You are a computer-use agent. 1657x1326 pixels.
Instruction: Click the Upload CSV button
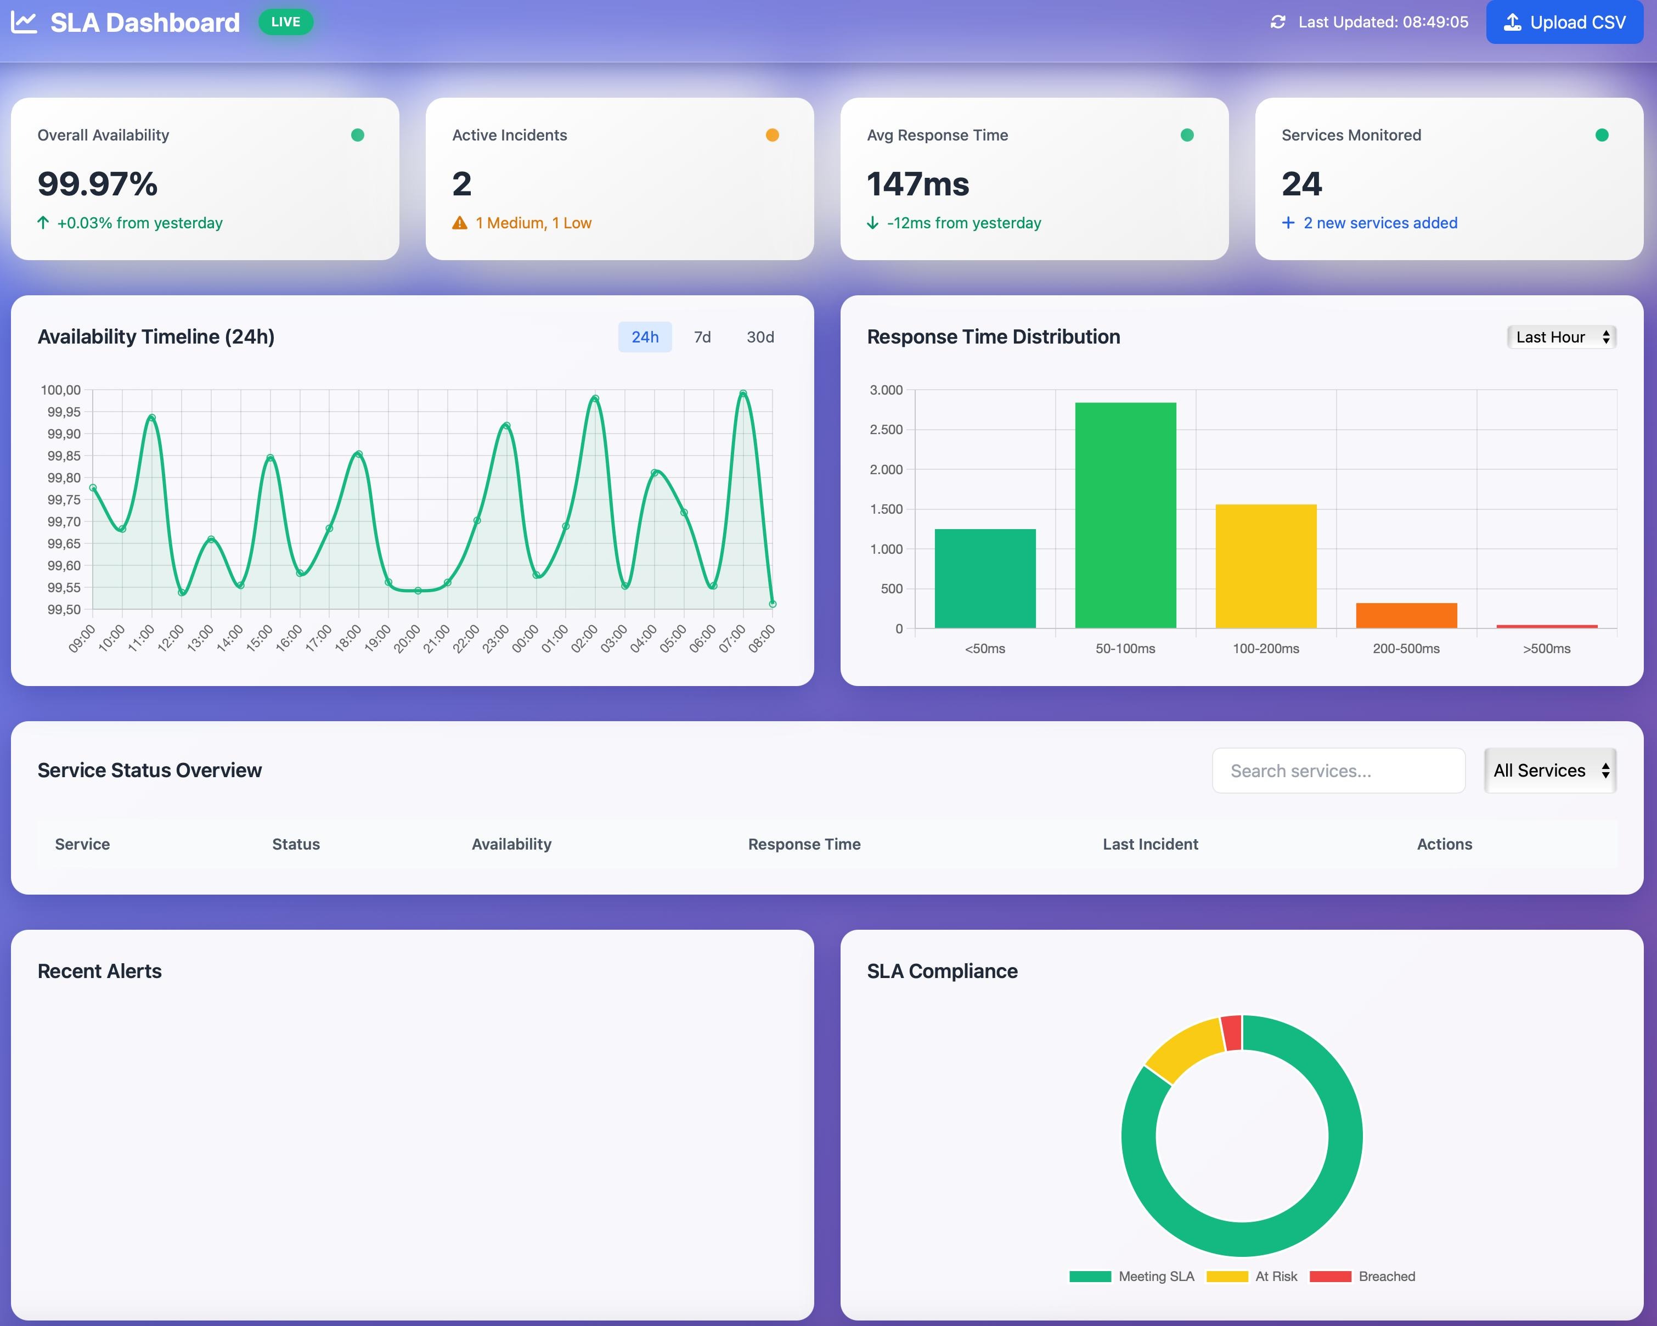point(1564,23)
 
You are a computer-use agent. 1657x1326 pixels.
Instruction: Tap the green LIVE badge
point(285,21)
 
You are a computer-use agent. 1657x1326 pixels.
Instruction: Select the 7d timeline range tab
point(702,336)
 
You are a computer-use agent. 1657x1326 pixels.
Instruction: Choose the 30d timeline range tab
point(759,336)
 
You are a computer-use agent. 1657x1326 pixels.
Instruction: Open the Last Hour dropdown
point(1561,336)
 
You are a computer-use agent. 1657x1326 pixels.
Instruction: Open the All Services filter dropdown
point(1549,770)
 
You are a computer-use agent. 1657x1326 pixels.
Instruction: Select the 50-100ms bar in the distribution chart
point(1125,515)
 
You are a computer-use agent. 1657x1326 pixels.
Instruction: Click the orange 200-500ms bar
point(1406,615)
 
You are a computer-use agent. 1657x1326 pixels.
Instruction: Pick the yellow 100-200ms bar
point(1266,566)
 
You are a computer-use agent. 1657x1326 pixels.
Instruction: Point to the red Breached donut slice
point(1232,1032)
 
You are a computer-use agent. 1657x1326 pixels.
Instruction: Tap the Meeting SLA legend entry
point(1131,1276)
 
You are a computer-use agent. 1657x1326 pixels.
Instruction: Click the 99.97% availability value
point(98,184)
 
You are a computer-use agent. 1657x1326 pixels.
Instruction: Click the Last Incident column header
point(1150,844)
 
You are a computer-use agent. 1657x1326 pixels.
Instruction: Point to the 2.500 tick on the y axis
point(886,430)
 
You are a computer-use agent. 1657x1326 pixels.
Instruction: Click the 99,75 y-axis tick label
point(64,499)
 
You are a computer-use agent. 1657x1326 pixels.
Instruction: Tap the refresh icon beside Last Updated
point(1277,23)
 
